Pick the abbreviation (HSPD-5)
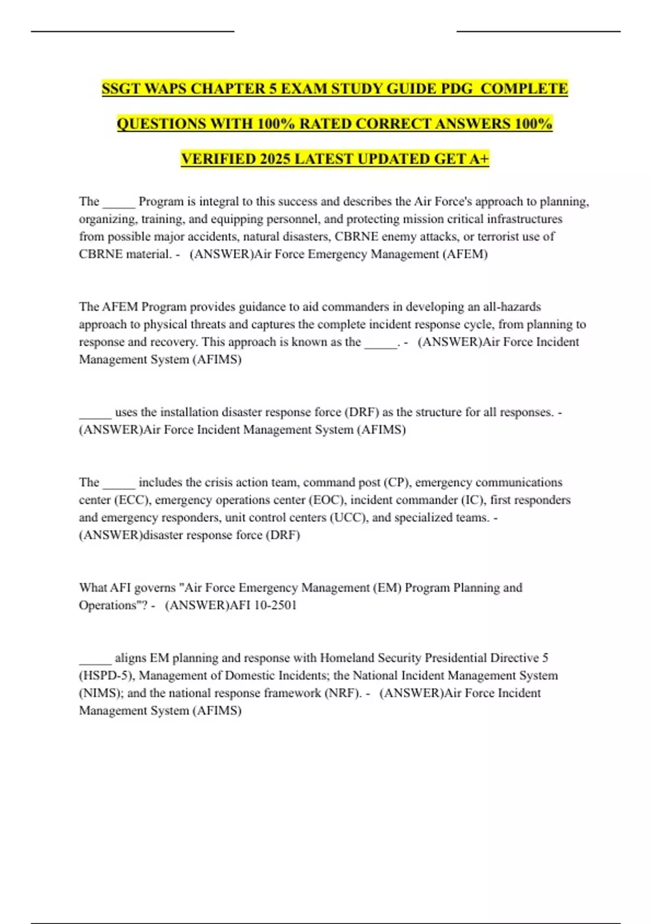(x=106, y=676)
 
